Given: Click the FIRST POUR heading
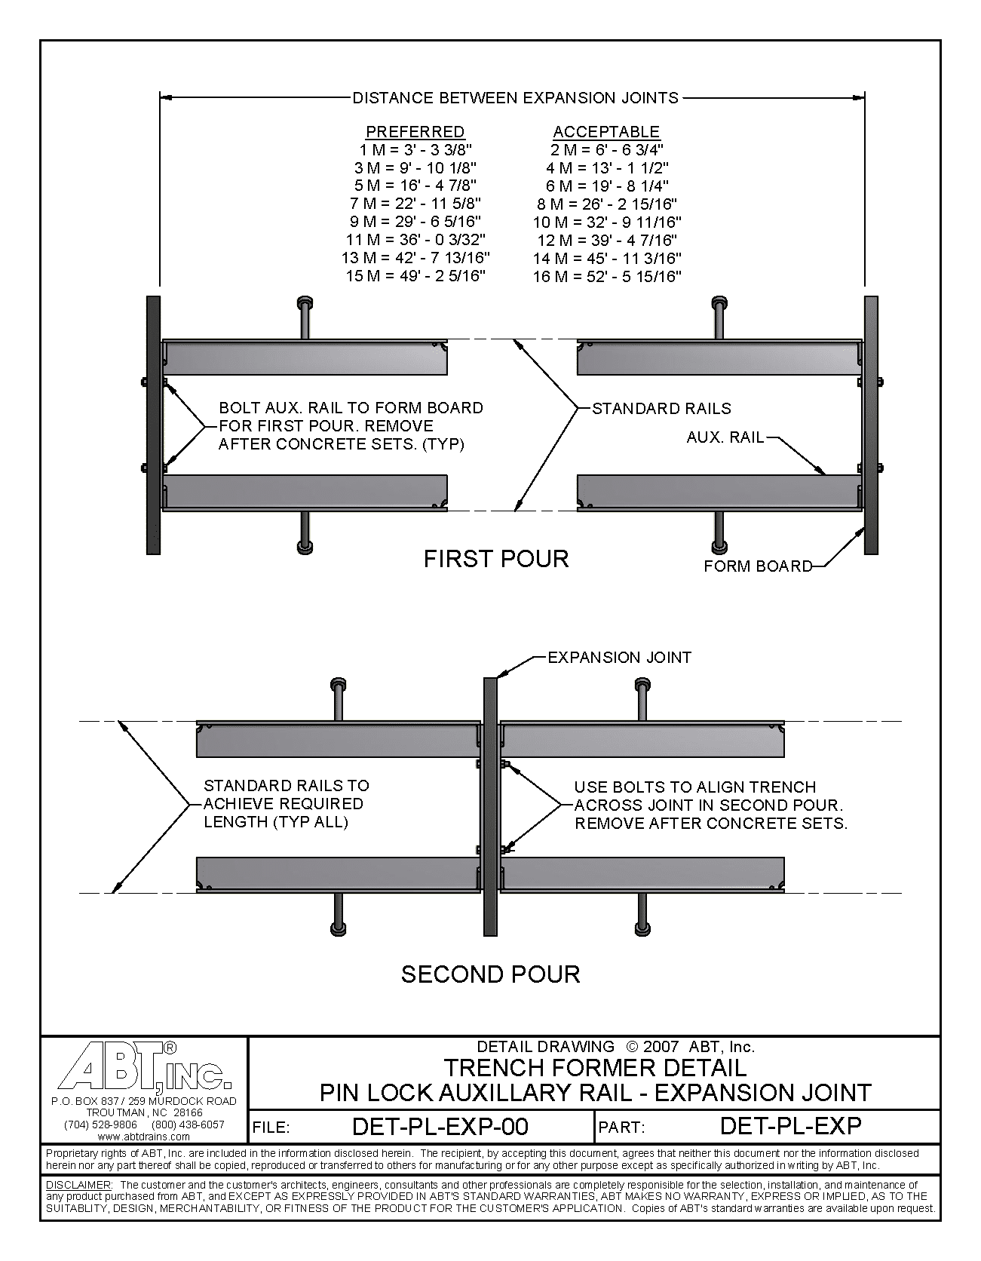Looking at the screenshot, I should [495, 559].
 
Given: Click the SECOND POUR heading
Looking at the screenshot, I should [490, 974].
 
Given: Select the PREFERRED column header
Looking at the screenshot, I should [415, 131].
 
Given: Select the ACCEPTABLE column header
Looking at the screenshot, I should [606, 131].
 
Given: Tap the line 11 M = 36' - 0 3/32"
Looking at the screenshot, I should [415, 240].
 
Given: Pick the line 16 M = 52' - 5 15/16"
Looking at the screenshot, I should [606, 277].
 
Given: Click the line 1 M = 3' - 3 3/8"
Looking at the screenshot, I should [415, 149].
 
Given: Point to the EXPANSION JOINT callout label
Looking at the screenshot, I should [619, 658].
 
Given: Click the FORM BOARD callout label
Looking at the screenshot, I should [757, 566].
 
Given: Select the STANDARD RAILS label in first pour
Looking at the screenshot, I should [661, 409].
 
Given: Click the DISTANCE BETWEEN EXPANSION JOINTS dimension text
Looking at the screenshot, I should [516, 97].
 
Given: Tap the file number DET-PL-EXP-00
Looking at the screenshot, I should [440, 1127].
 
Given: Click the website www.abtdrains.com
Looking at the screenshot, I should [143, 1136].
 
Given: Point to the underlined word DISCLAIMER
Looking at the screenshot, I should [78, 1186].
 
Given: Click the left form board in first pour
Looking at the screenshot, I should [153, 425].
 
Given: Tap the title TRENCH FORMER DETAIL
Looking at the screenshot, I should [595, 1068].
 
